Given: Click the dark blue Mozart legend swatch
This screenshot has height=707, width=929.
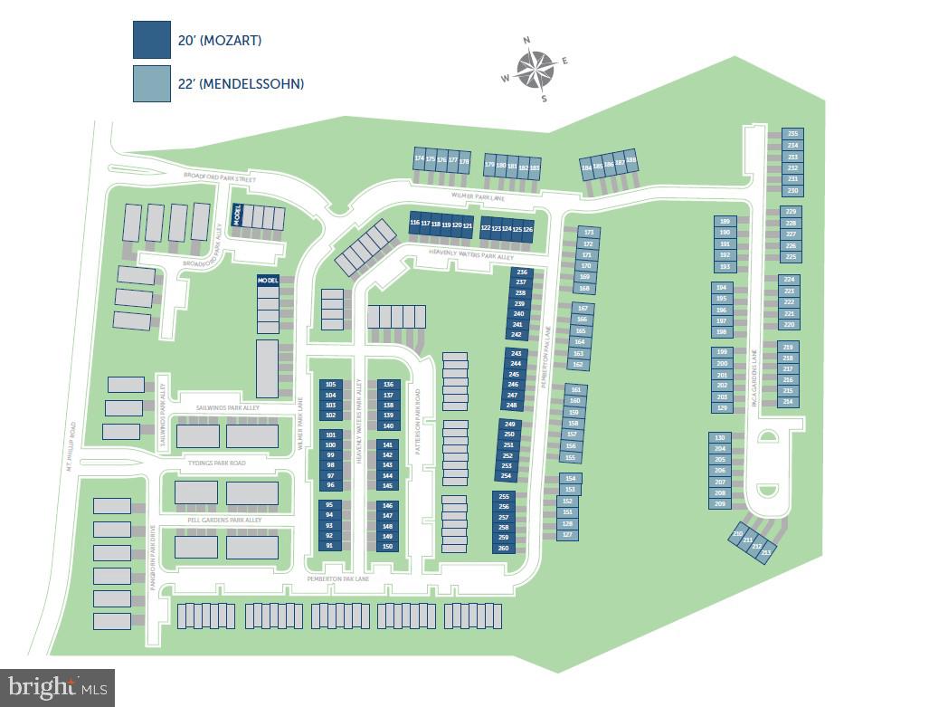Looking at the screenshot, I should [152, 40].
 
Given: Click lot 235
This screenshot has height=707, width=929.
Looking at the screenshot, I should [792, 134].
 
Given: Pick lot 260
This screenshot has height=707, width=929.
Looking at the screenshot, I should [504, 548].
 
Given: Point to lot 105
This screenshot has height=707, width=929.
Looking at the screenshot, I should [330, 384].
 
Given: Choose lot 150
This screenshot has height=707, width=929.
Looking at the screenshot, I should [388, 546].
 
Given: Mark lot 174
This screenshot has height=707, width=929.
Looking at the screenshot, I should [419, 159].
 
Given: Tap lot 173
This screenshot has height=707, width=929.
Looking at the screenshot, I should [587, 233].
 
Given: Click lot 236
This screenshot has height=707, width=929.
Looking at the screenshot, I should [520, 272].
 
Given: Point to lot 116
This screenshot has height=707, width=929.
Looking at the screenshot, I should [414, 224].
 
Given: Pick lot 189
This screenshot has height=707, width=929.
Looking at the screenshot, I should [724, 221].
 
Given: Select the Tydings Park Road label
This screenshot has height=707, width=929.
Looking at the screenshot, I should [216, 463].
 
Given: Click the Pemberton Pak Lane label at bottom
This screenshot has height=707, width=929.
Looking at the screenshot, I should [337, 578].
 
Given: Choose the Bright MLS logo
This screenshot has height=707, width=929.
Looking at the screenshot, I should [57, 688].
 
